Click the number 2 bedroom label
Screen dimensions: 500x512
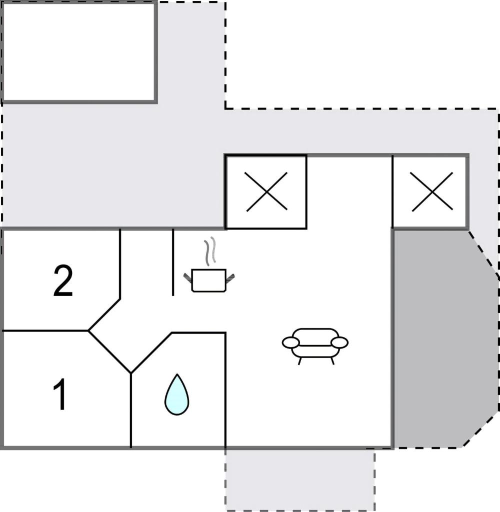coord(63,281)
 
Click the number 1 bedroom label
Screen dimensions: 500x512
coord(60,394)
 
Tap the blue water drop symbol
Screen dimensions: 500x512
coord(176,394)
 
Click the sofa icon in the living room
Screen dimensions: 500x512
coord(315,346)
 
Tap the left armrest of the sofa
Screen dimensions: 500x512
coord(290,342)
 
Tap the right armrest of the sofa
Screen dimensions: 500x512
coord(339,342)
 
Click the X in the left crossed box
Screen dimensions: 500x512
coord(266,191)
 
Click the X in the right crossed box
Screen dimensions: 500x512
coord(432,191)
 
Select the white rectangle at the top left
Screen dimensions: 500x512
coord(79,52)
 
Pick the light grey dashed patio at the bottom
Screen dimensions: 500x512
coord(300,480)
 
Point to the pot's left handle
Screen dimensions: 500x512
coord(188,278)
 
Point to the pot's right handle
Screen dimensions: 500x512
coord(230,278)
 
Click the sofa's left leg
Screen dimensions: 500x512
coord(299,361)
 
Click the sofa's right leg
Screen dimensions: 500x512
coord(332,361)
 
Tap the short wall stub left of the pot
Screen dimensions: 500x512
coord(173,262)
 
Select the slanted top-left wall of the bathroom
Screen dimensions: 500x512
coord(151,352)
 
